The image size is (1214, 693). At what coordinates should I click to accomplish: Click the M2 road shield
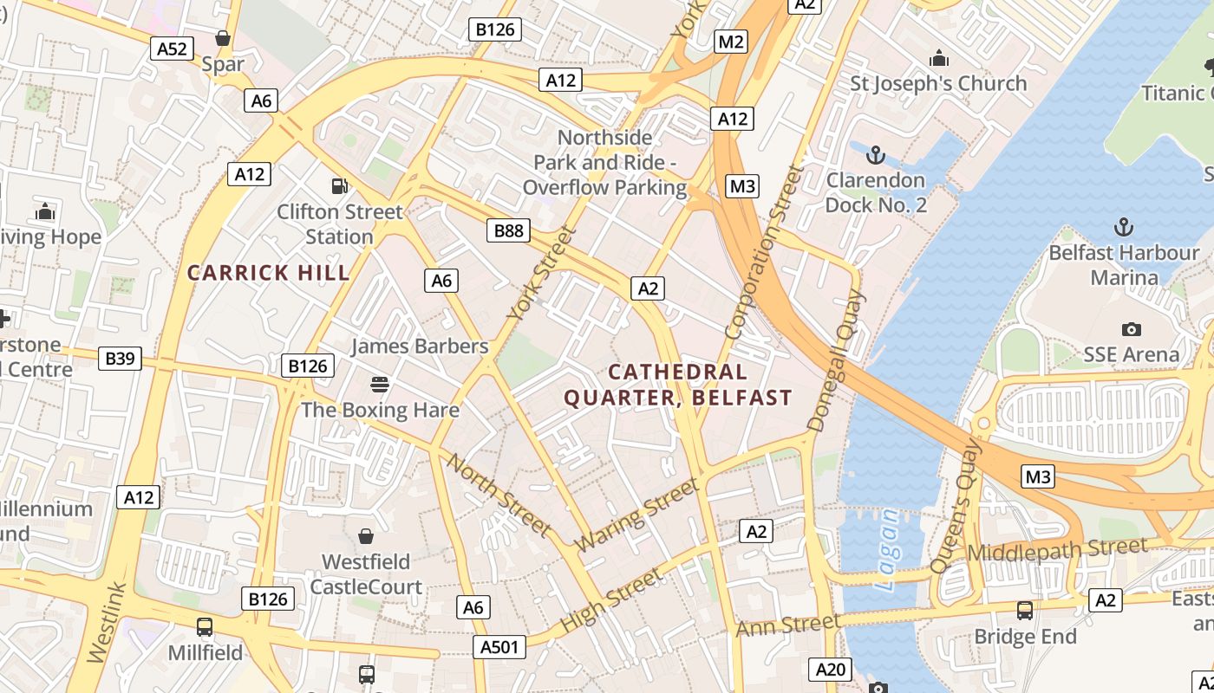pyautogui.click(x=732, y=42)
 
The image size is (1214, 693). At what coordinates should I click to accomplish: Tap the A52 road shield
pyautogui.click(x=172, y=49)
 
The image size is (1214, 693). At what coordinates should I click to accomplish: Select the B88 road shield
pyautogui.click(x=508, y=230)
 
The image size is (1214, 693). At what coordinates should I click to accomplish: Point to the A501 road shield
pyautogui.click(x=500, y=646)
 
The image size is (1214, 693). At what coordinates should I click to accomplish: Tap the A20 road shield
pyautogui.click(x=830, y=669)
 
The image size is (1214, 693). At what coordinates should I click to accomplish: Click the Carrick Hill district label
pyautogui.click(x=269, y=273)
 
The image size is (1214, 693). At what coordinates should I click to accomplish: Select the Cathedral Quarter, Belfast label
pyautogui.click(x=678, y=385)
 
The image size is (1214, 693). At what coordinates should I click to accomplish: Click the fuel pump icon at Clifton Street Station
pyautogui.click(x=340, y=185)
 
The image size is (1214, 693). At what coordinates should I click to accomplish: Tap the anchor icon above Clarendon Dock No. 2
pyautogui.click(x=876, y=156)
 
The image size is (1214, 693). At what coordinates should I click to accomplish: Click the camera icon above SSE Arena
pyautogui.click(x=1131, y=329)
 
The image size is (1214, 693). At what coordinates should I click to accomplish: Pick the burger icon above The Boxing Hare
pyautogui.click(x=379, y=383)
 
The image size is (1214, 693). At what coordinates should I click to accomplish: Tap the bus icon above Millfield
pyautogui.click(x=205, y=626)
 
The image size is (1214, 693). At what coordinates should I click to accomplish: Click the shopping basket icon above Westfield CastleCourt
pyautogui.click(x=366, y=536)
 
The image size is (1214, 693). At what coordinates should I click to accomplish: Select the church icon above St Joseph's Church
pyautogui.click(x=938, y=59)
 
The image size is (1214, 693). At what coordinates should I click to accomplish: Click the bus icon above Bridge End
pyautogui.click(x=1024, y=610)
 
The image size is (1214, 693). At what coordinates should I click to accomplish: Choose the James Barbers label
pyautogui.click(x=420, y=346)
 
